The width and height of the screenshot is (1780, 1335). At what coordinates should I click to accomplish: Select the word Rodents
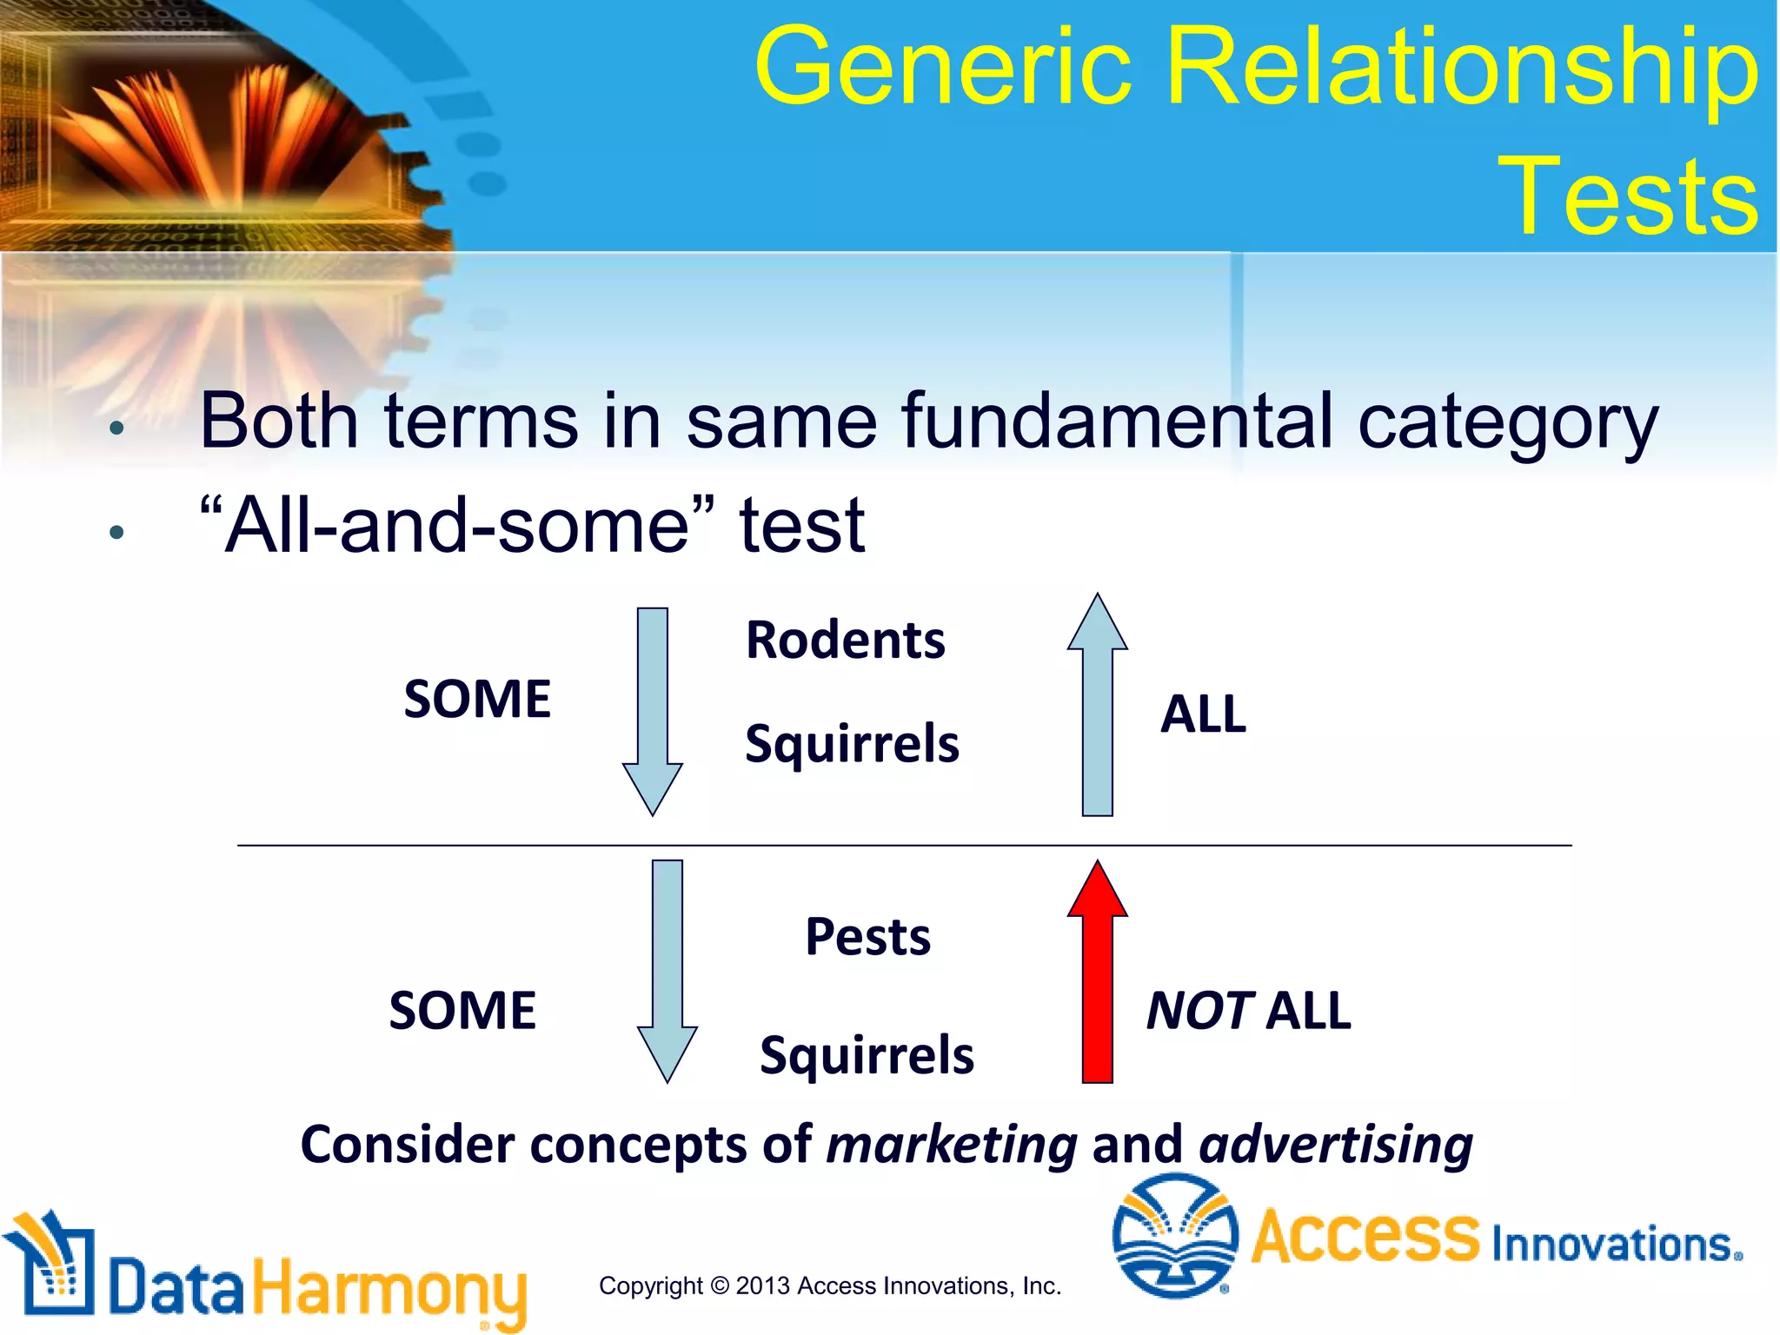pos(845,641)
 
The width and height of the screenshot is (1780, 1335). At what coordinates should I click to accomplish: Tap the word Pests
pos(867,937)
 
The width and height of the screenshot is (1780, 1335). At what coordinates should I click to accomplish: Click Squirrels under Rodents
pos(852,744)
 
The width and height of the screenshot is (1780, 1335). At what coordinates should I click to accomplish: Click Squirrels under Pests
pos(867,1055)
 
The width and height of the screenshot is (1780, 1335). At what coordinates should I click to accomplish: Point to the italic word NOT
pos(1199,1011)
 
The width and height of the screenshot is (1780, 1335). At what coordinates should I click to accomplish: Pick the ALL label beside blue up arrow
pos(1203,714)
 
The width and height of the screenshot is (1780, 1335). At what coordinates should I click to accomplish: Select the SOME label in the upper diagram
pos(477,699)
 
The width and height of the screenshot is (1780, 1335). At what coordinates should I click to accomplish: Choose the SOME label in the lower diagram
pos(462,1011)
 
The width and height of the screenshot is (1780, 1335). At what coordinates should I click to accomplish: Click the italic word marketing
pos(952,1144)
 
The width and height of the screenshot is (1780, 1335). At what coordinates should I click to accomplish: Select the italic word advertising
pos(1336,1144)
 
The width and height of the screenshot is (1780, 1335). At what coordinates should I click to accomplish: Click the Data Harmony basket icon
pos(50,1265)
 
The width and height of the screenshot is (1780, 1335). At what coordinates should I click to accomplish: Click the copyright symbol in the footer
pos(720,1286)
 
